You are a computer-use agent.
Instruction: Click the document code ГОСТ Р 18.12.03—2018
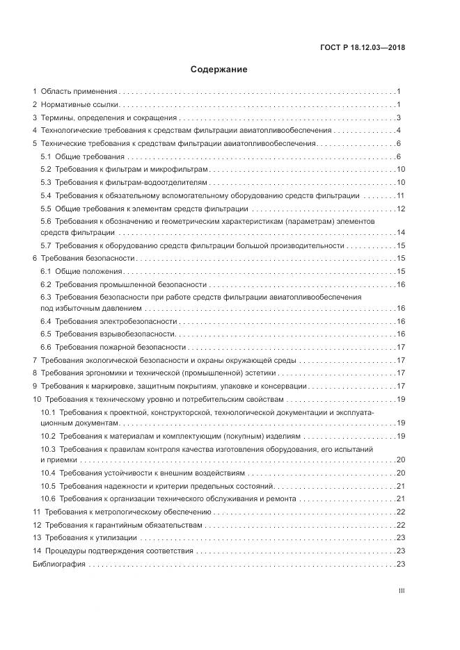coord(363,48)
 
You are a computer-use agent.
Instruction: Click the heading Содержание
coord(219,70)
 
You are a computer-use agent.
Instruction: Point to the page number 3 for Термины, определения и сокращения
coord(398,117)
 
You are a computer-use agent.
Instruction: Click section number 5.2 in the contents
coord(46,169)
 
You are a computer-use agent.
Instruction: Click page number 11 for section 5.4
coord(400,195)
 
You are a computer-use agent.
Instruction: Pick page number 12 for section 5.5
coord(400,209)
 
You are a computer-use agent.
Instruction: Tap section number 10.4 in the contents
coord(48,473)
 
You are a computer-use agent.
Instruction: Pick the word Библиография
coord(59,564)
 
